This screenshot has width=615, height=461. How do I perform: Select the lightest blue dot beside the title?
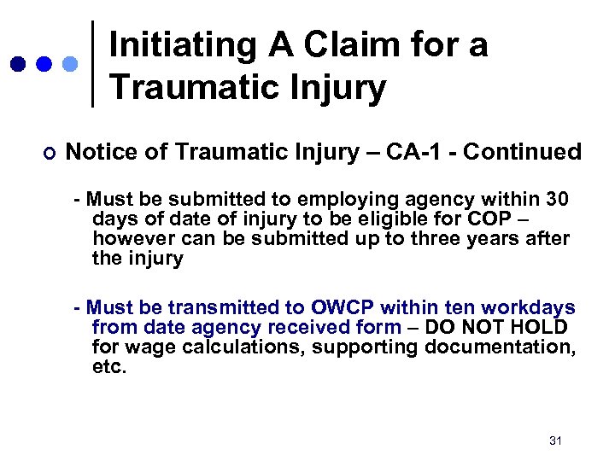point(71,64)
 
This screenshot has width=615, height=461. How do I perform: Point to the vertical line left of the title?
point(92,64)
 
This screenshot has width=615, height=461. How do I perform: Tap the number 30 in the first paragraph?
point(556,200)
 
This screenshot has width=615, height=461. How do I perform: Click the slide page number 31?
point(555,441)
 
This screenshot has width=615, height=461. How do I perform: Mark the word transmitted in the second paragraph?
point(232,307)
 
